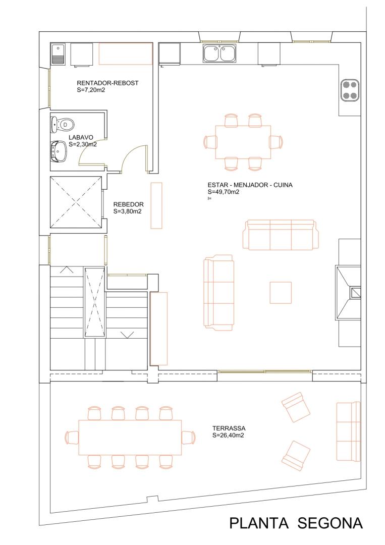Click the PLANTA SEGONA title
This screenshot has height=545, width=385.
pos(296,523)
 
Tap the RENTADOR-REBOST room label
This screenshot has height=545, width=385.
pos(107,83)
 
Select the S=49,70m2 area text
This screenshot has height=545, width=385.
pos(224,192)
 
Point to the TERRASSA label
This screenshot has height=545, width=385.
pos(229,428)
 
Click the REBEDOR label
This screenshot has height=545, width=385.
pos(128,205)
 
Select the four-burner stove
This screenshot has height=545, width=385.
pos(350,90)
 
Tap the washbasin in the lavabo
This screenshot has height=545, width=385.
pos(59,152)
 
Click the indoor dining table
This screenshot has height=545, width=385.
pos(243,142)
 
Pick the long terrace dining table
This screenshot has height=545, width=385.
pos(130,438)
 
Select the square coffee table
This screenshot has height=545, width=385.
pos(281,292)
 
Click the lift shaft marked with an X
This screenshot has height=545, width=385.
pos(76,202)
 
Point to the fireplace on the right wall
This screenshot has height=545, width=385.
pos(348,292)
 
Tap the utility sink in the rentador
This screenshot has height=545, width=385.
pos(59,54)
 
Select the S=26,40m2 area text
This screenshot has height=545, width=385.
pos(228,435)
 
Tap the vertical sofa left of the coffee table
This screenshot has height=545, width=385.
pos(218,293)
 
